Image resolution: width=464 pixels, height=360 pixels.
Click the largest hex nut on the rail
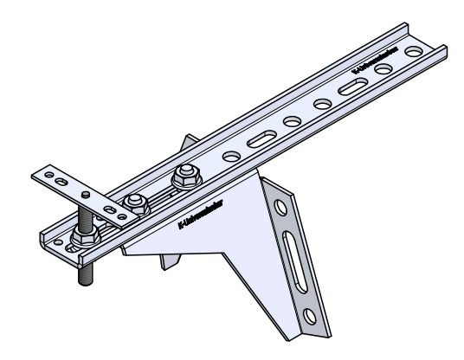point(183,177)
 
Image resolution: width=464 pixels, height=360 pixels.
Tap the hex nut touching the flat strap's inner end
point(134,202)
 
